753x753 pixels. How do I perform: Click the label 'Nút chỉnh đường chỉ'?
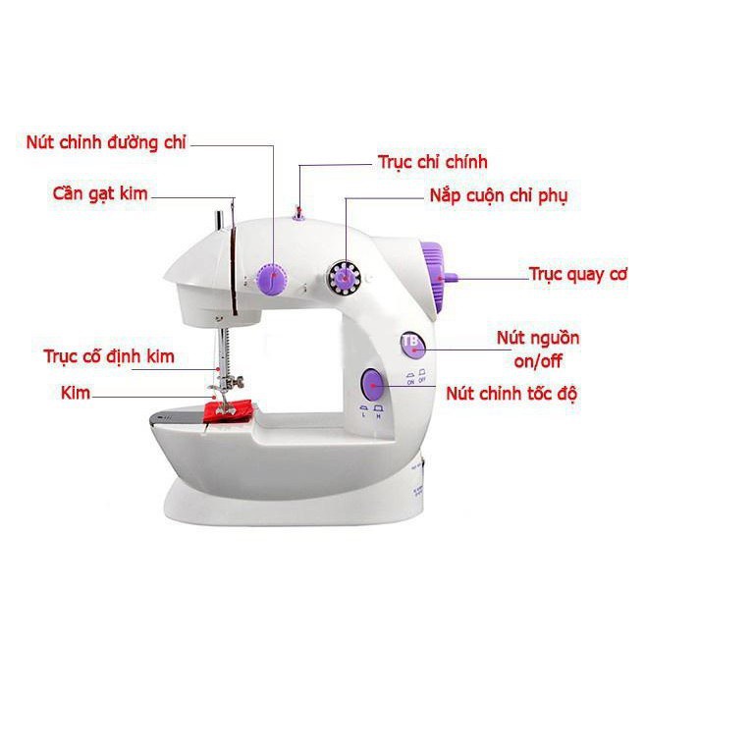tap(106, 142)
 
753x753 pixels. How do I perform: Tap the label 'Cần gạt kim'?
tap(100, 193)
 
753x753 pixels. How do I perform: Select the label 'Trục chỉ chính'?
tap(432, 162)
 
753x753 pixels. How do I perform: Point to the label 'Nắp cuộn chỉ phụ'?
tap(498, 195)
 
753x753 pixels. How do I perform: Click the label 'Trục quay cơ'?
tap(577, 274)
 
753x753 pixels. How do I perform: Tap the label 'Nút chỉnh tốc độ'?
tap(511, 394)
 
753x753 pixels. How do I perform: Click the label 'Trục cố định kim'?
tap(109, 355)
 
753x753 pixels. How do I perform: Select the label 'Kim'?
tap(75, 393)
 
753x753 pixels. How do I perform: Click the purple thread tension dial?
tap(270, 280)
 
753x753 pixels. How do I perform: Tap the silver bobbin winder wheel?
tap(345, 279)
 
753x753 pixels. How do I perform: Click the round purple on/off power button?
tap(409, 342)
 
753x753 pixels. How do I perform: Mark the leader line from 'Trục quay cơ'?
tap(491, 279)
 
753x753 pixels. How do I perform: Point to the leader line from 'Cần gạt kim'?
tap(191, 197)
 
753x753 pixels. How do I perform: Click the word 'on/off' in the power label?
tap(538, 360)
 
